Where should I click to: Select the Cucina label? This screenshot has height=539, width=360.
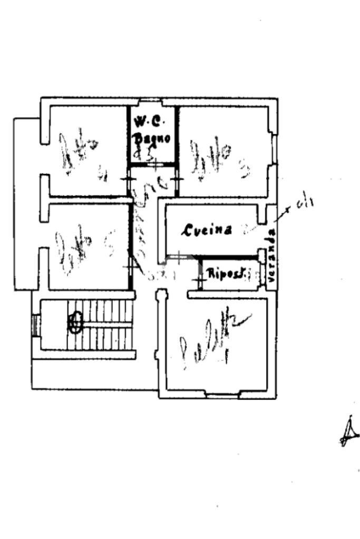click(208, 230)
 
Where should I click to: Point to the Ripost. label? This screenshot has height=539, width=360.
click(225, 274)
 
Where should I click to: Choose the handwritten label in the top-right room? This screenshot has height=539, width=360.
click(213, 158)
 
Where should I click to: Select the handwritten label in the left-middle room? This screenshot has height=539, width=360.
click(79, 248)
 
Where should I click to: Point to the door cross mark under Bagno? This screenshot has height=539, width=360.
click(154, 164)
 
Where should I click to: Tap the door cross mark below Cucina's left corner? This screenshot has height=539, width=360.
click(179, 257)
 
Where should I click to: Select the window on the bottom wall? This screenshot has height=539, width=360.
click(222, 395)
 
